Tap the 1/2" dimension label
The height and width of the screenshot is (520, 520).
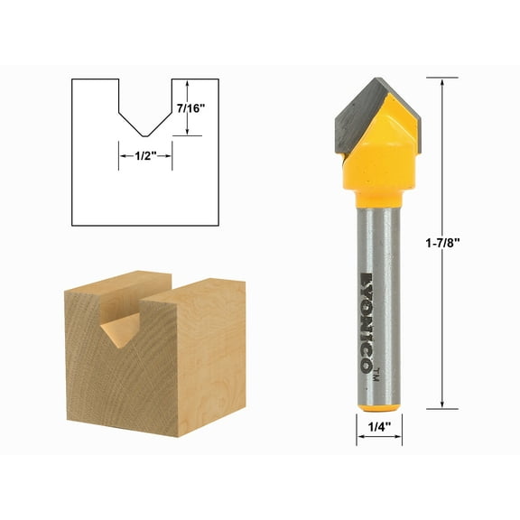click(x=145, y=155)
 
